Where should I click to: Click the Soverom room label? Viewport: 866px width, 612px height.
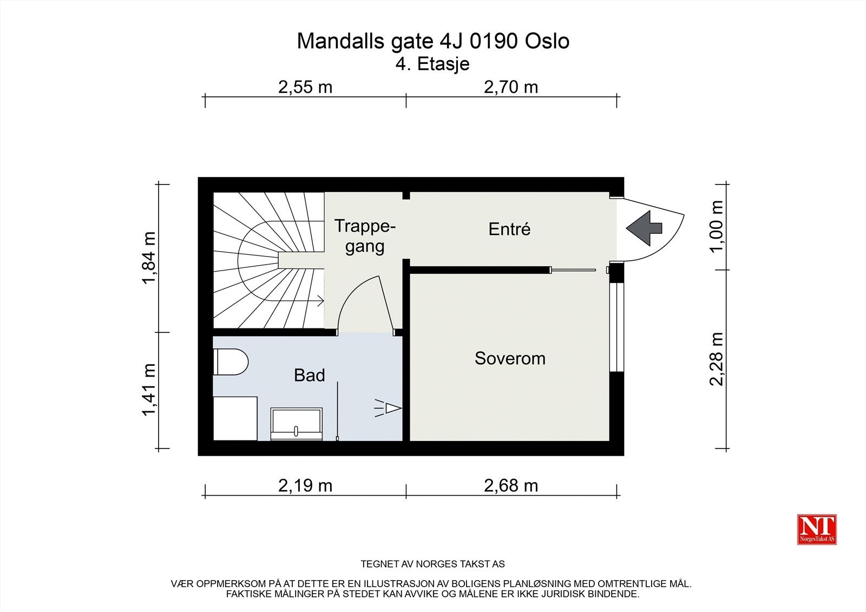point(510,358)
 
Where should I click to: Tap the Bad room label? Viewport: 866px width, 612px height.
point(309,376)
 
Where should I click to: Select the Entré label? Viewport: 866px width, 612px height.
point(509,229)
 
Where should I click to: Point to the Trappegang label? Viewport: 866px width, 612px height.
point(365,236)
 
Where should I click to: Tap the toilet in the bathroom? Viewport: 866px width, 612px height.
point(231,362)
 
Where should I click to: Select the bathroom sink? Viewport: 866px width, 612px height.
point(296,424)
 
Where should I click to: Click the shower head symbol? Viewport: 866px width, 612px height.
point(388,408)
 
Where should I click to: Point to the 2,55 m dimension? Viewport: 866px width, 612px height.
point(305,87)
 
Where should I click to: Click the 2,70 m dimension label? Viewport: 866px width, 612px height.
point(511,87)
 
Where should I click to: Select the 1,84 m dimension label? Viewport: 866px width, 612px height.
point(149,258)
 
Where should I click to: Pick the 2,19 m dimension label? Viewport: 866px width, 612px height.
point(305,486)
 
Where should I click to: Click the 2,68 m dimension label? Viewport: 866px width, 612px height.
point(511,486)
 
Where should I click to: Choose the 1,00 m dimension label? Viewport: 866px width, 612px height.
point(717,226)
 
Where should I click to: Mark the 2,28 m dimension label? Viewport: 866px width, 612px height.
point(717,359)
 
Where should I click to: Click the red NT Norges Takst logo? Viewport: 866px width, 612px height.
point(817,529)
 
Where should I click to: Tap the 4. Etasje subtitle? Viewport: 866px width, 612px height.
point(432,64)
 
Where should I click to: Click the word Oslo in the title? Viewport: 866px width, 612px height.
point(547,41)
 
